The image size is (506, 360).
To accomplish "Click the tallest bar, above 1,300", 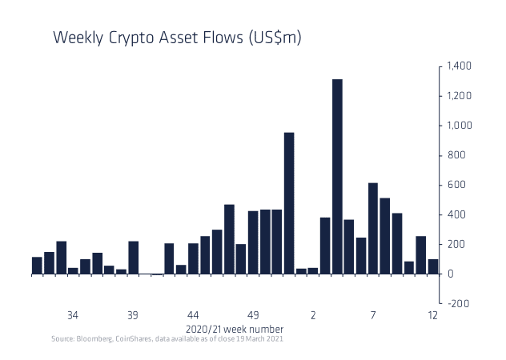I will point(337,176).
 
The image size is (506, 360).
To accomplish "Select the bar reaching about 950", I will point(289,203).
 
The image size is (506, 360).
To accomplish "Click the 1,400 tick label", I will point(459,66).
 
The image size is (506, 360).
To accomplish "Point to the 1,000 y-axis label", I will point(459,126).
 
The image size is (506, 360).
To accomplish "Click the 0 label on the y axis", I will point(452,274).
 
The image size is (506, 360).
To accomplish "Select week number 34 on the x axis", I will point(73,315).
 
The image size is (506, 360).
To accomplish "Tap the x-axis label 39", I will point(133,315).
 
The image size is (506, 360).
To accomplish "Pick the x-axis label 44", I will point(193,315).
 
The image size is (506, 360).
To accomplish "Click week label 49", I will point(253,315).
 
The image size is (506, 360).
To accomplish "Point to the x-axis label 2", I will point(313,315).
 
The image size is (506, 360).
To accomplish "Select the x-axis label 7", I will point(373,315).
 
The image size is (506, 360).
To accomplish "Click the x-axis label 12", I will point(433,315).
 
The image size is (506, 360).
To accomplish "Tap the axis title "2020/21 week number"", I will point(234,329).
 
